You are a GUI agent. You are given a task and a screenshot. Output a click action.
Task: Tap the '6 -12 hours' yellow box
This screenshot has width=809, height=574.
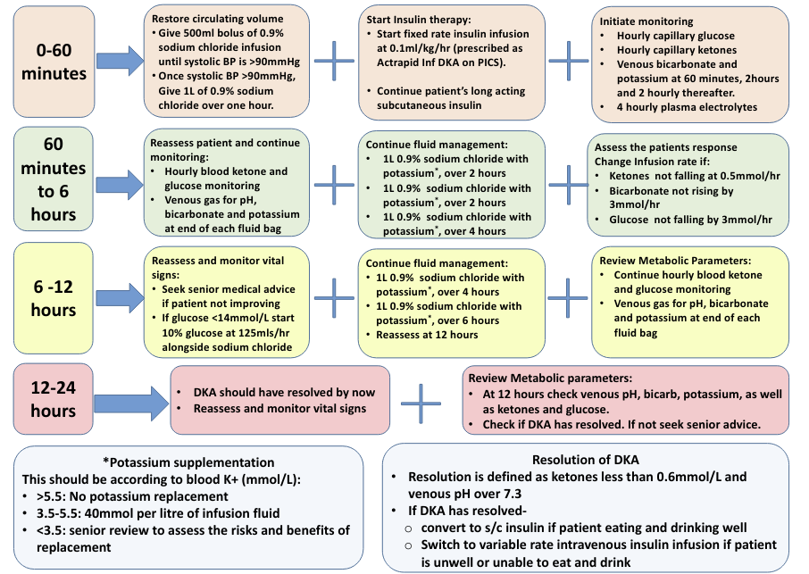click(x=53, y=298)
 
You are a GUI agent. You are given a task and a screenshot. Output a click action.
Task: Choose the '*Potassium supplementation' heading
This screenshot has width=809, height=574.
click(x=188, y=462)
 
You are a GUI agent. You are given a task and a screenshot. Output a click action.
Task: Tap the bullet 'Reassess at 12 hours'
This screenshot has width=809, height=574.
click(x=427, y=335)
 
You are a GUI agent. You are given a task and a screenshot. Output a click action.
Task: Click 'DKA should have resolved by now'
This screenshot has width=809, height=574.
click(x=284, y=393)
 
